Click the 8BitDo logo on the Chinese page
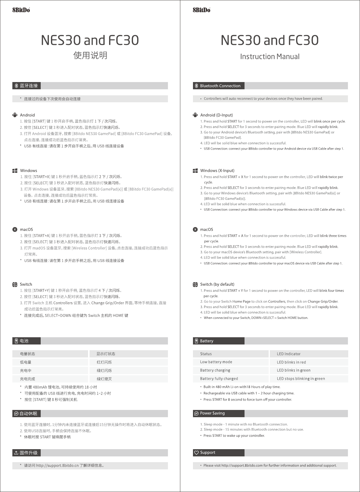[21, 10]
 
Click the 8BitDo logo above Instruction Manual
[201, 10]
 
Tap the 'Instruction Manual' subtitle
[270, 56]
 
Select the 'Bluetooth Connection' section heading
[220, 86]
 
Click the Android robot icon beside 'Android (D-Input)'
[195, 115]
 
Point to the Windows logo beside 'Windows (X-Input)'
[195, 171]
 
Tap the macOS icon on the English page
[195, 230]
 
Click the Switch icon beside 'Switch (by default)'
[195, 284]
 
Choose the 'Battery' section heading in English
[206, 341]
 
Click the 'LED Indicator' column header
[289, 354]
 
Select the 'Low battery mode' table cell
[216, 362]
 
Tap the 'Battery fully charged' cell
[219, 379]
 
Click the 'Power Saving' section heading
[212, 413]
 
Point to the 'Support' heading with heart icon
[207, 452]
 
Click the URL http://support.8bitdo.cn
[57, 465]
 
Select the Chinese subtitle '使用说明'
[90, 56]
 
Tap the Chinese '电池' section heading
[24, 341]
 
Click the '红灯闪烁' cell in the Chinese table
[104, 362]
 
